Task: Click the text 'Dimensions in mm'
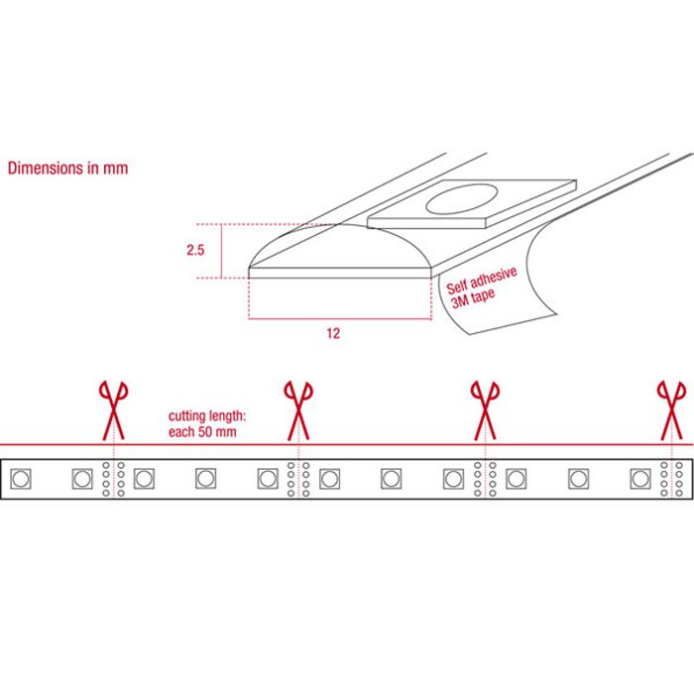tap(67, 169)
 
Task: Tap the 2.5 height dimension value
tap(195, 250)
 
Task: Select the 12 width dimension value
tap(333, 333)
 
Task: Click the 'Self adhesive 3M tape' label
tap(481, 288)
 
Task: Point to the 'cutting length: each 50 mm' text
tap(206, 423)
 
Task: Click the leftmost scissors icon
tap(114, 410)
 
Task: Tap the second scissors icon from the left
tap(298, 410)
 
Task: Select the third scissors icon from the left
tap(485, 410)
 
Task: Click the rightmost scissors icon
tap(672, 410)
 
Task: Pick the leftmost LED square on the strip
tap(21, 479)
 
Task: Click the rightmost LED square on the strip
tap(640, 479)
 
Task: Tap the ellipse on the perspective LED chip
tap(462, 199)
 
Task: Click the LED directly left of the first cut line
tap(82, 479)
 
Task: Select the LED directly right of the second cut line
tap(330, 479)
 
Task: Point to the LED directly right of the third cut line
tap(517, 479)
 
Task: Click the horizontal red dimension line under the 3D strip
tap(340, 318)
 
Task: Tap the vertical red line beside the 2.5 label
tap(221, 251)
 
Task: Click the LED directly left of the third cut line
tap(454, 479)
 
